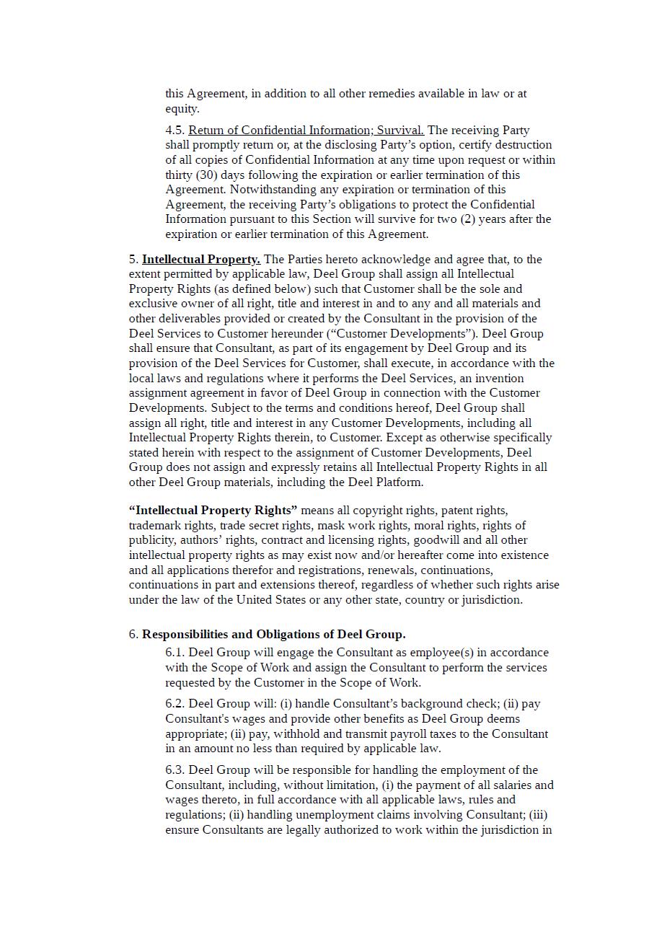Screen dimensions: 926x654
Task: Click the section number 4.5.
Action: tap(174, 131)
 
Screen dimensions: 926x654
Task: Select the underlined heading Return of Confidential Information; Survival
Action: tap(306, 131)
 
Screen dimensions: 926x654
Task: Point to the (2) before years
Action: tap(468, 219)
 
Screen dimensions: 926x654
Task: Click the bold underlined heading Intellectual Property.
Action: tap(201, 260)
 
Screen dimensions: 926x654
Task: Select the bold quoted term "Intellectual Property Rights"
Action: tap(213, 511)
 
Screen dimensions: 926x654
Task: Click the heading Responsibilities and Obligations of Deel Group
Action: tap(273, 635)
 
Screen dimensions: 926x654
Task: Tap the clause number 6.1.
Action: tap(175, 653)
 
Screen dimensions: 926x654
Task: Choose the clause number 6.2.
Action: tap(175, 704)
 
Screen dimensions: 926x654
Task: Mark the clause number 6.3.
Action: tap(175, 770)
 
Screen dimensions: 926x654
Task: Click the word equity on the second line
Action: tap(181, 109)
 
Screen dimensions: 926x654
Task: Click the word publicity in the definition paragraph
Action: tap(154, 540)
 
